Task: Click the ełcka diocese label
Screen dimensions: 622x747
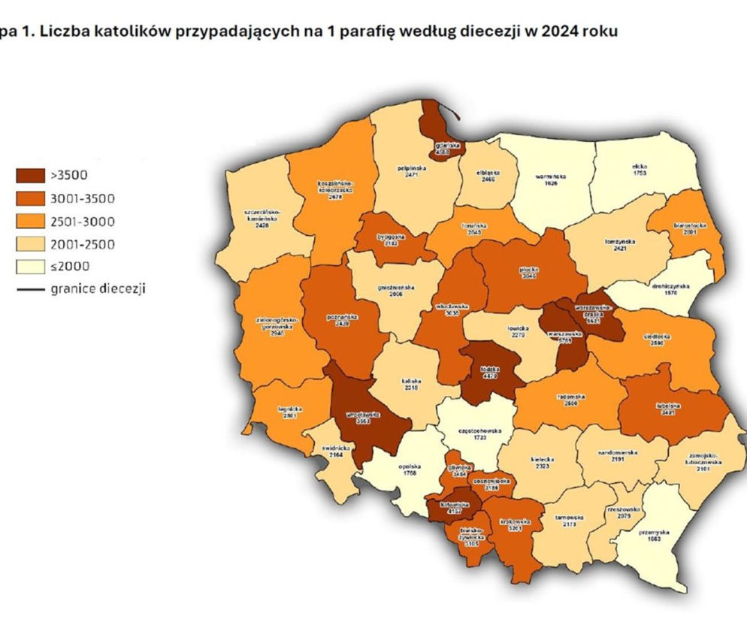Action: tap(640, 169)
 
